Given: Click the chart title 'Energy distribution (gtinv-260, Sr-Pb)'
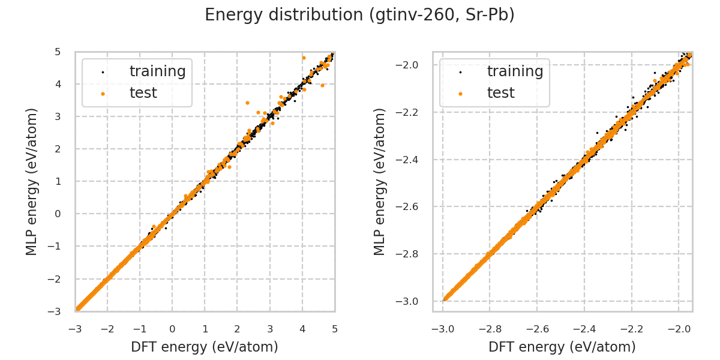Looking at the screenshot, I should click(x=359, y=15).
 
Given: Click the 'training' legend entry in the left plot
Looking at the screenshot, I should click(x=157, y=71).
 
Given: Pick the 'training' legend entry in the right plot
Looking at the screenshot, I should click(x=515, y=71).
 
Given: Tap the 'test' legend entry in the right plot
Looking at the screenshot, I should click(x=500, y=93).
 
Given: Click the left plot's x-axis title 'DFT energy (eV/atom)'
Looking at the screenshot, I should click(x=205, y=347).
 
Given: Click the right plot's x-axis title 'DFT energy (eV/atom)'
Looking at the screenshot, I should click(x=562, y=347).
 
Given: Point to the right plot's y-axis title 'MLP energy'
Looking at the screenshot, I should click(x=380, y=181).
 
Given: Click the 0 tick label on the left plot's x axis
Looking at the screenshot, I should click(x=172, y=329).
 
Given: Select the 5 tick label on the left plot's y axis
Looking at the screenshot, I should click(x=58, y=52).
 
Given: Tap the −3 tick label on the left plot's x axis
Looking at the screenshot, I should click(x=75, y=329).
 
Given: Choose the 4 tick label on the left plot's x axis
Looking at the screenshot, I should click(x=302, y=329).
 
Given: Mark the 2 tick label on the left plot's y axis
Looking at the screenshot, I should click(x=58, y=149).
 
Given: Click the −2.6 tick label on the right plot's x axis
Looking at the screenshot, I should click(x=536, y=329).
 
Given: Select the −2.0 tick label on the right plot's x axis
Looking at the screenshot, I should click(x=678, y=329).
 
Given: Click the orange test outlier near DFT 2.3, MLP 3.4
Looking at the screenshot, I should click(x=247, y=103).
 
